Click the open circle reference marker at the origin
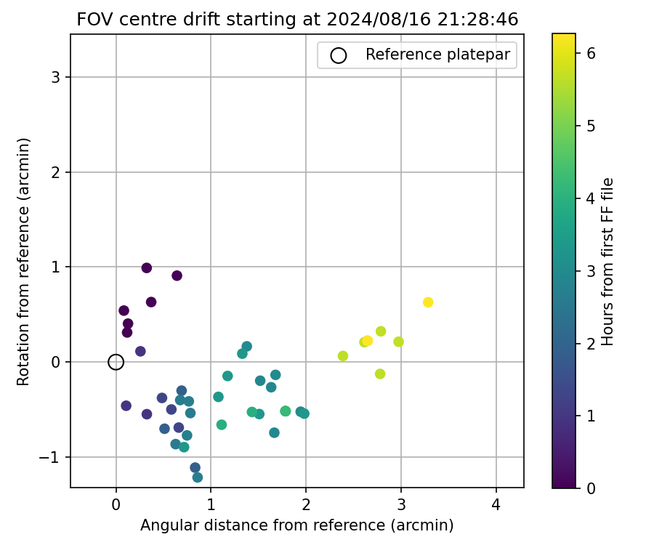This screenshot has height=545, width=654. click(x=116, y=362)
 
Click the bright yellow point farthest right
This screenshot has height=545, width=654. click(x=428, y=302)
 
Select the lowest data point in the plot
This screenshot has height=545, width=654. click(x=198, y=477)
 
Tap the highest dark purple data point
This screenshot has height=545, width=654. click(x=147, y=268)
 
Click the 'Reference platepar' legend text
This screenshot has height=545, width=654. click(x=438, y=54)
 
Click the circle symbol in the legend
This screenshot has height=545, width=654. click(x=338, y=54)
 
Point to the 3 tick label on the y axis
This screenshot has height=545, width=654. click(x=56, y=78)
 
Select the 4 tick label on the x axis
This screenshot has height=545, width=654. click(x=496, y=504)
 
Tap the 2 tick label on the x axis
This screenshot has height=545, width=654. click(x=306, y=504)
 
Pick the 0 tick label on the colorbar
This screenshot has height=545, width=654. click(x=592, y=488)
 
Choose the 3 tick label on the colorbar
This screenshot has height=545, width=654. click(x=592, y=270)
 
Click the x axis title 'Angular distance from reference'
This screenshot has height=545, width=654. click(x=296, y=525)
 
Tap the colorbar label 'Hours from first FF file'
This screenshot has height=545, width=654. click(x=609, y=262)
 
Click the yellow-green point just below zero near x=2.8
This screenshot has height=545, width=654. click(x=380, y=374)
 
